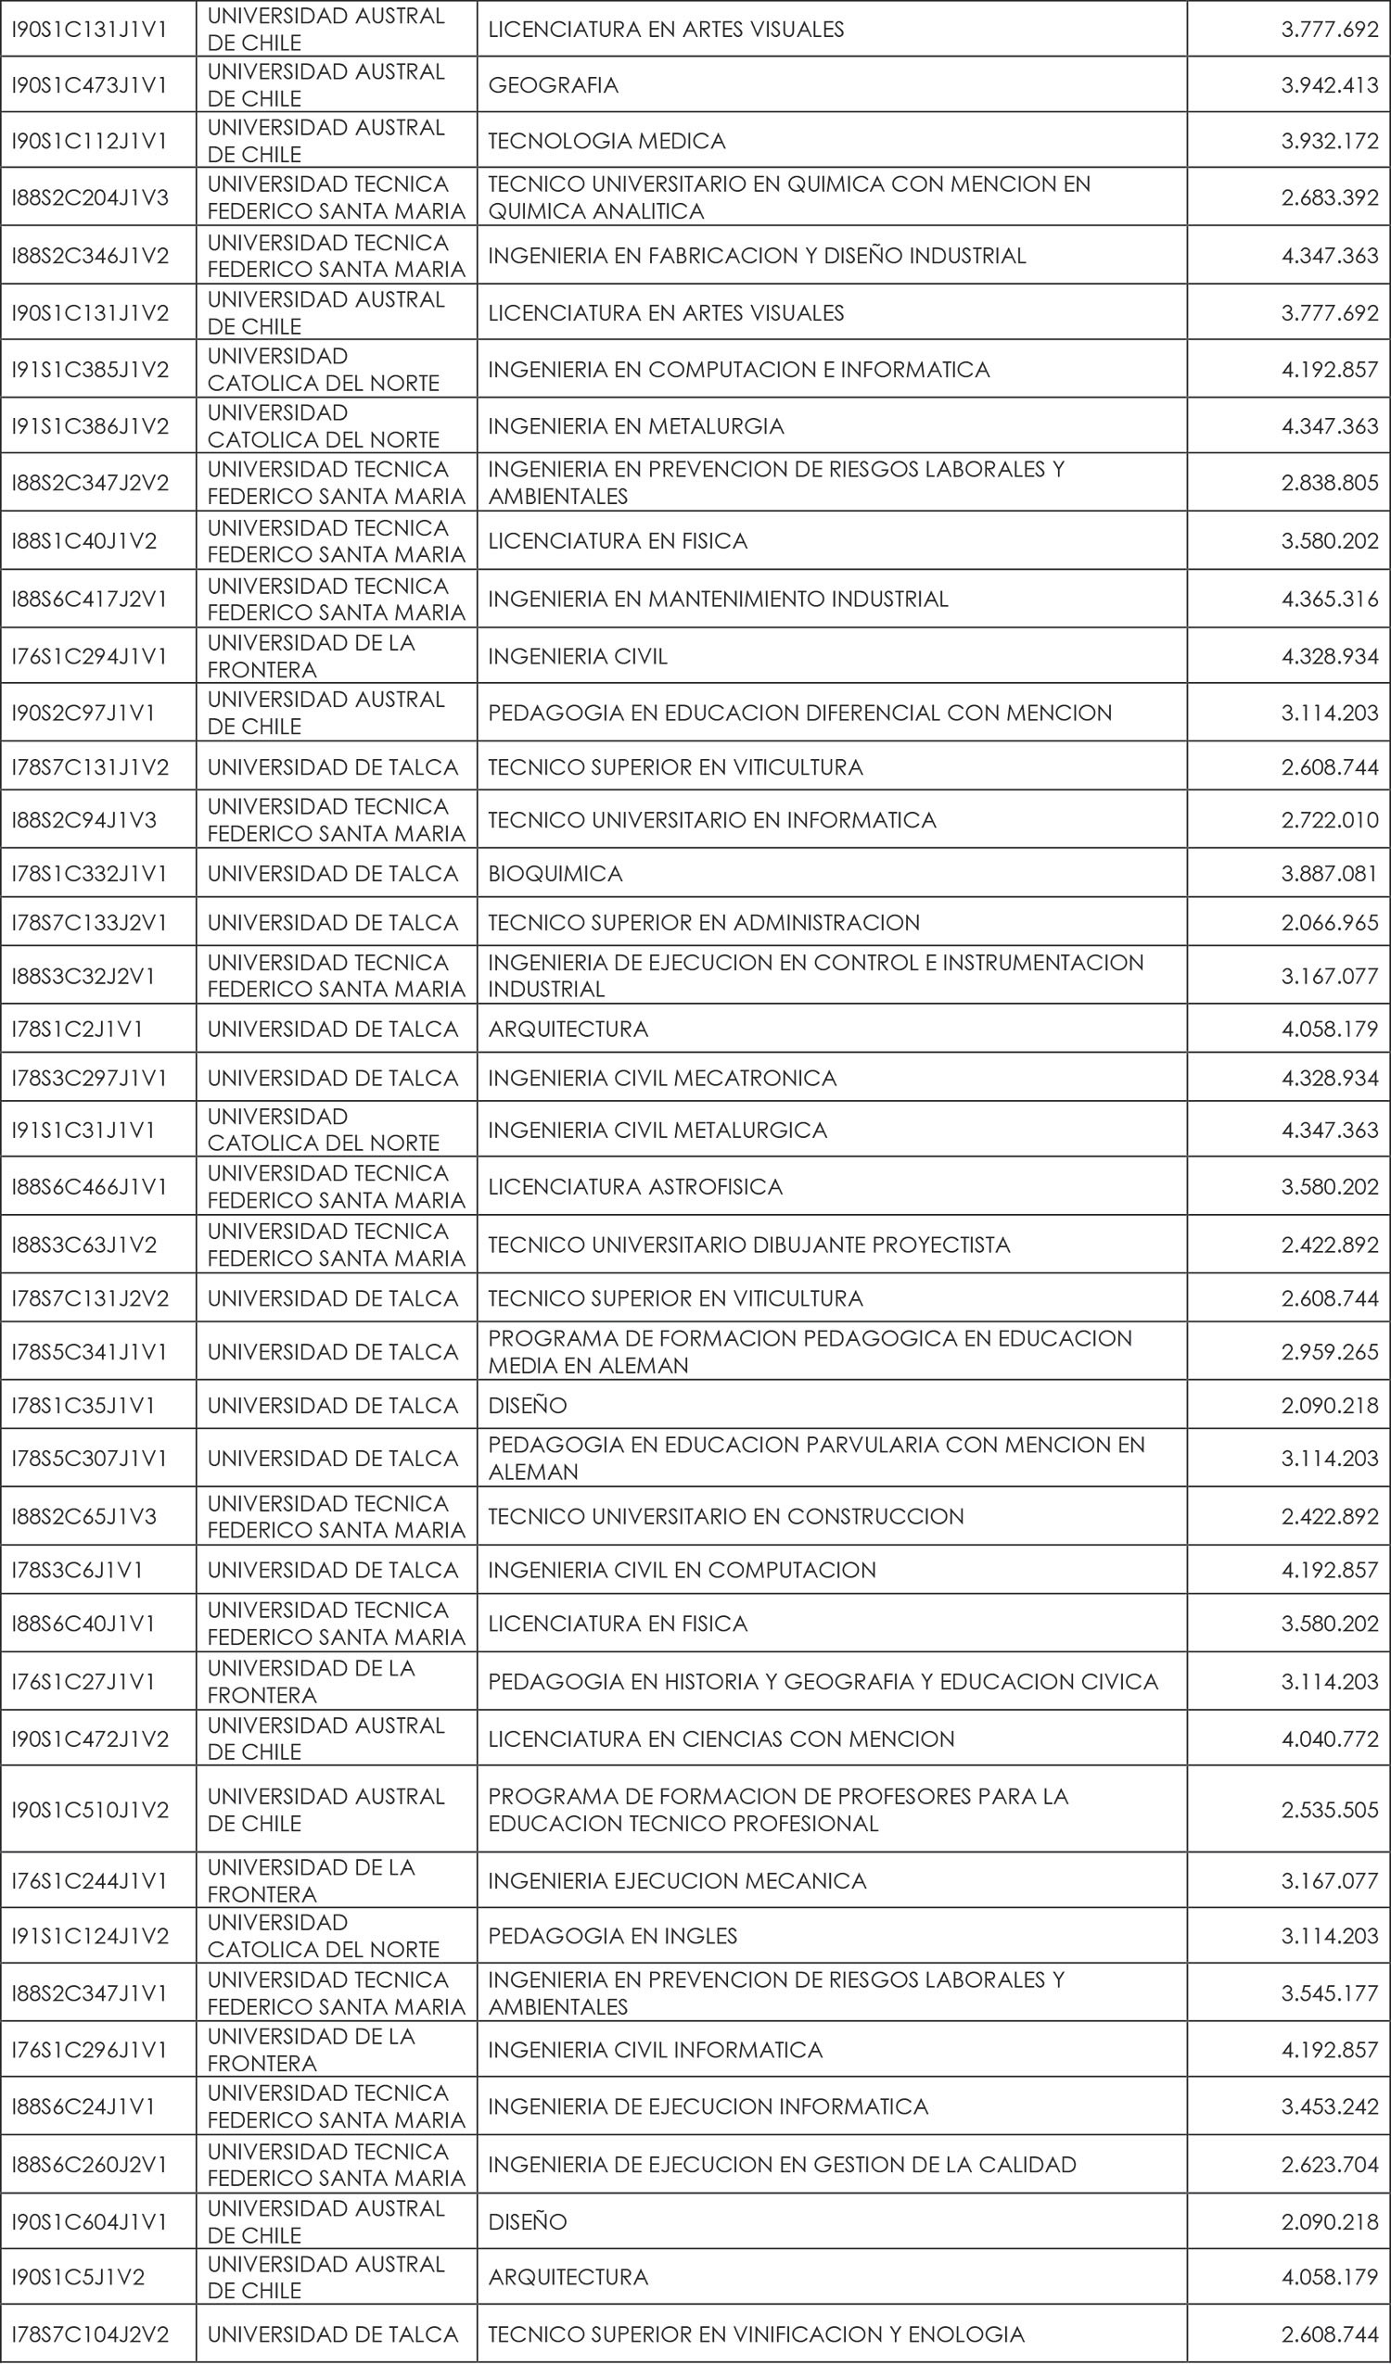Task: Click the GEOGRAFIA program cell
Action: pyautogui.click(x=553, y=85)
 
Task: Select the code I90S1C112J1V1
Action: pyautogui.click(x=89, y=141)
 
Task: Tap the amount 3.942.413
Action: pyautogui.click(x=1329, y=85)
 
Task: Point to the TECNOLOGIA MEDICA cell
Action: pyautogui.click(x=606, y=141)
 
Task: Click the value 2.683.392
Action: pyautogui.click(x=1329, y=198)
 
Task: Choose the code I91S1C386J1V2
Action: pyautogui.click(x=90, y=427)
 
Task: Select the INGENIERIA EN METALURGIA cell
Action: pyautogui.click(x=635, y=427)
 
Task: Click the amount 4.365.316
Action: pyautogui.click(x=1329, y=600)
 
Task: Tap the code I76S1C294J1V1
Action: pyautogui.click(x=89, y=657)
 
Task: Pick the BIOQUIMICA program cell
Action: pyautogui.click(x=555, y=874)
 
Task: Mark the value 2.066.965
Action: pyautogui.click(x=1329, y=923)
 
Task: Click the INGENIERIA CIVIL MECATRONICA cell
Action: pyautogui.click(x=662, y=1078)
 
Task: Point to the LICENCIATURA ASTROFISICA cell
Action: pyautogui.click(x=634, y=1187)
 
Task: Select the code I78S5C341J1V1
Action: pyautogui.click(x=89, y=1352)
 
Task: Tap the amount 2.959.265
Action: pyautogui.click(x=1329, y=1352)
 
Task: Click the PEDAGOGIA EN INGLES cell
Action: pyautogui.click(x=612, y=1935)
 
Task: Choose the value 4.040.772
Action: pyautogui.click(x=1329, y=1738)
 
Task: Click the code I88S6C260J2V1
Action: pyautogui.click(x=89, y=2164)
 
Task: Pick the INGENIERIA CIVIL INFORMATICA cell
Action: pyautogui.click(x=655, y=2050)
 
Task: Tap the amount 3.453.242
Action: pyautogui.click(x=1329, y=2106)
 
